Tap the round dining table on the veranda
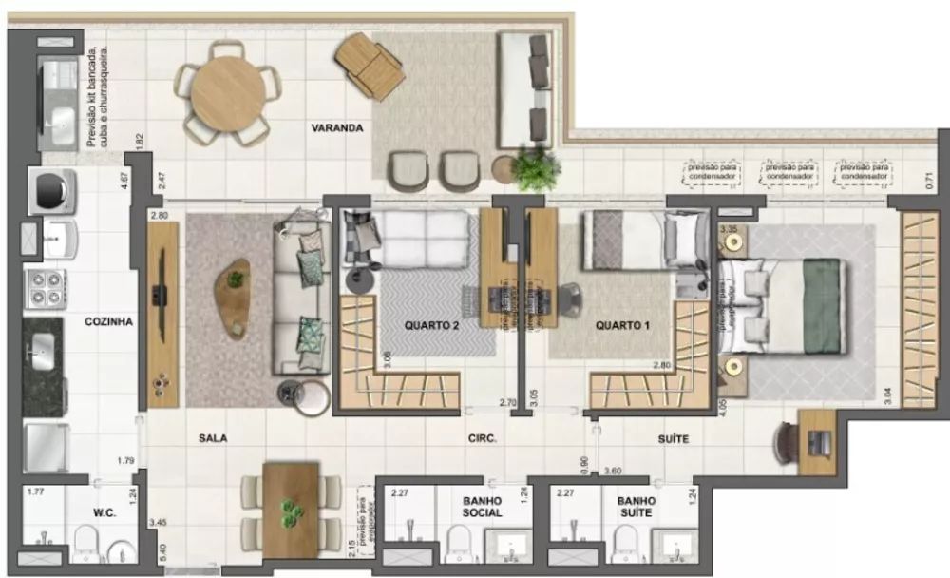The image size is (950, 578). [228, 92]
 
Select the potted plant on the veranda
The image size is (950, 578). [531, 169]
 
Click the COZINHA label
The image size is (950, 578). [109, 321]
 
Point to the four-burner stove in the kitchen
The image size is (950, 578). [45, 287]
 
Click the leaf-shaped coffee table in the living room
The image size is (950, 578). [234, 295]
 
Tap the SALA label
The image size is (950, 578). [213, 438]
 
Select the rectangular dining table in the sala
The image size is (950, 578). [291, 510]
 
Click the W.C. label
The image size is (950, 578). [104, 513]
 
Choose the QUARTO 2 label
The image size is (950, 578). [432, 325]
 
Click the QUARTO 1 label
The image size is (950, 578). [622, 325]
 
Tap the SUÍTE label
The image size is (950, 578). [673, 439]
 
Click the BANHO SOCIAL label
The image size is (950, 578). [482, 506]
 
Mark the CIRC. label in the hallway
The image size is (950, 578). [483, 439]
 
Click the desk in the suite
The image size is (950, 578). [815, 441]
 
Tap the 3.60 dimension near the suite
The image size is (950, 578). [613, 471]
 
